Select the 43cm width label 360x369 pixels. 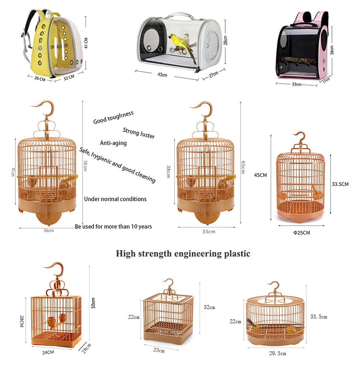[x=162, y=75]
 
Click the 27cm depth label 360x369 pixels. [x=214, y=74]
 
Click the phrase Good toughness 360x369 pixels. [x=113, y=117]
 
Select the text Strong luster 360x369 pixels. [x=139, y=133]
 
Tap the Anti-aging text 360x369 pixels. [x=113, y=143]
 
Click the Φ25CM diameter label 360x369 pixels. [x=302, y=233]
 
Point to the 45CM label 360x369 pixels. [x=260, y=175]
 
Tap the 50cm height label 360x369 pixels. [x=93, y=303]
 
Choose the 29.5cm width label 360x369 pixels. [x=277, y=354]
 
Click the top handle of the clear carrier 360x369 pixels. [x=180, y=16]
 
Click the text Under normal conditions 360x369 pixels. [x=115, y=199]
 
